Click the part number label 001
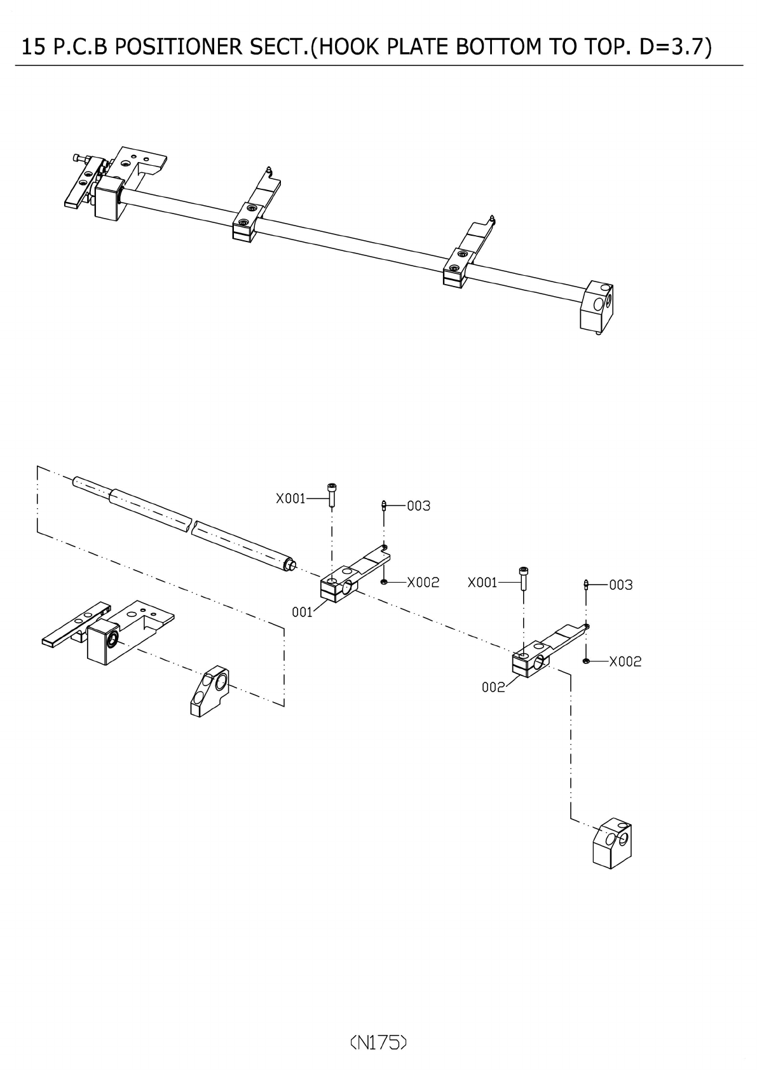(302, 612)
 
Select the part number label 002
(493, 687)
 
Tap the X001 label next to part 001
(290, 499)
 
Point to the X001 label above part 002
(482, 583)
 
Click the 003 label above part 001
(419, 506)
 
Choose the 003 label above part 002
(621, 585)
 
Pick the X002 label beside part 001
(423, 582)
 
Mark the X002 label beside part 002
(625, 661)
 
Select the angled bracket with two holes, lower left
(208, 691)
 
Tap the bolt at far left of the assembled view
(79, 157)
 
